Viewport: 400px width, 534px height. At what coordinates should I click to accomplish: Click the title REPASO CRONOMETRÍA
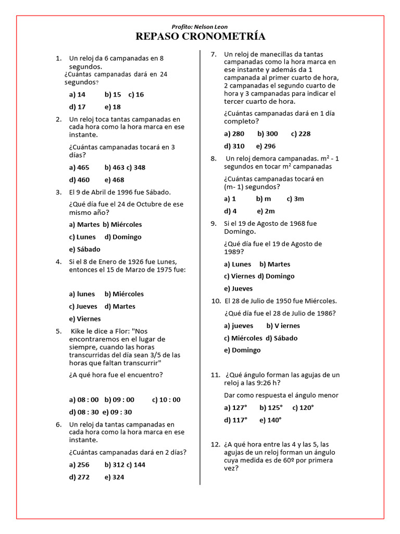click(x=200, y=37)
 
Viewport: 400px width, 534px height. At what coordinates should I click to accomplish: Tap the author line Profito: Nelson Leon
click(x=199, y=27)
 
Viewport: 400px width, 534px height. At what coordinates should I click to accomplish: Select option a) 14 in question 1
click(x=77, y=94)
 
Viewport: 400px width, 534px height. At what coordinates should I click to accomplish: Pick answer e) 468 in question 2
click(x=114, y=180)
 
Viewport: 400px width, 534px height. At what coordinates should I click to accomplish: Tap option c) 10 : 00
click(x=166, y=399)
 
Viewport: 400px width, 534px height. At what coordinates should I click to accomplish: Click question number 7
click(x=213, y=54)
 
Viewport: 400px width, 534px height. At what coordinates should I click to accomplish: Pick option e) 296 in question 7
click(x=266, y=146)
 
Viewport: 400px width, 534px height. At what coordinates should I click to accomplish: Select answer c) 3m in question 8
click(x=295, y=199)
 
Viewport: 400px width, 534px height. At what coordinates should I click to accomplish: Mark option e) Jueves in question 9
click(x=238, y=288)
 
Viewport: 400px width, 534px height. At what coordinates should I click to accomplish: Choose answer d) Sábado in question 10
click(x=282, y=338)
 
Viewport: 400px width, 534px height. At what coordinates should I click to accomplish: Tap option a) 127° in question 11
click(x=235, y=407)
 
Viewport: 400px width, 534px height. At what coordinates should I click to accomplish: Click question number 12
click(x=215, y=445)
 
